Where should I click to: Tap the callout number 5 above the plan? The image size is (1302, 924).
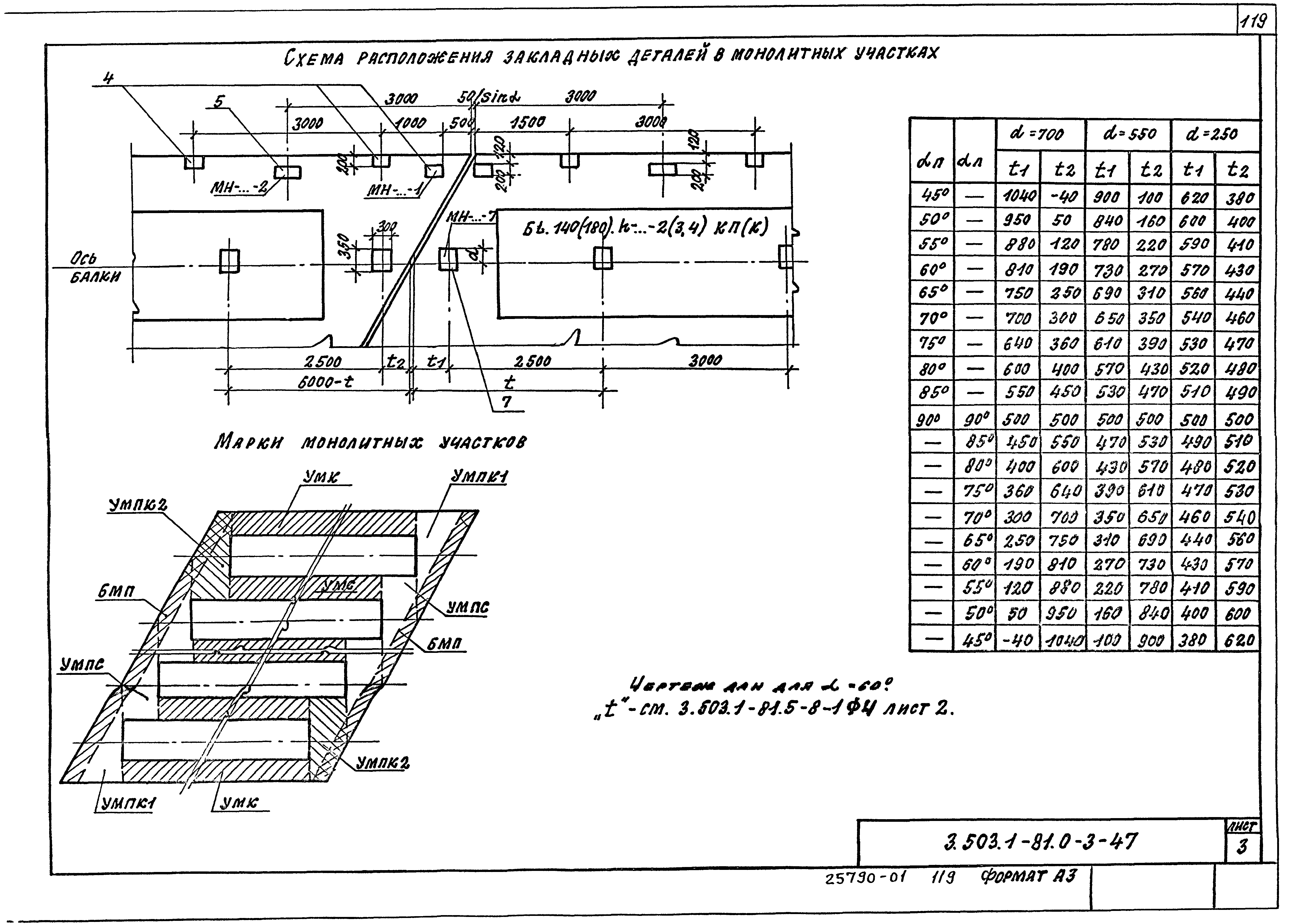click(219, 101)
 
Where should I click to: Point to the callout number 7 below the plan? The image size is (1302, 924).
click(506, 402)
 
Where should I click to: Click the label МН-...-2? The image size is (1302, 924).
click(239, 188)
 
